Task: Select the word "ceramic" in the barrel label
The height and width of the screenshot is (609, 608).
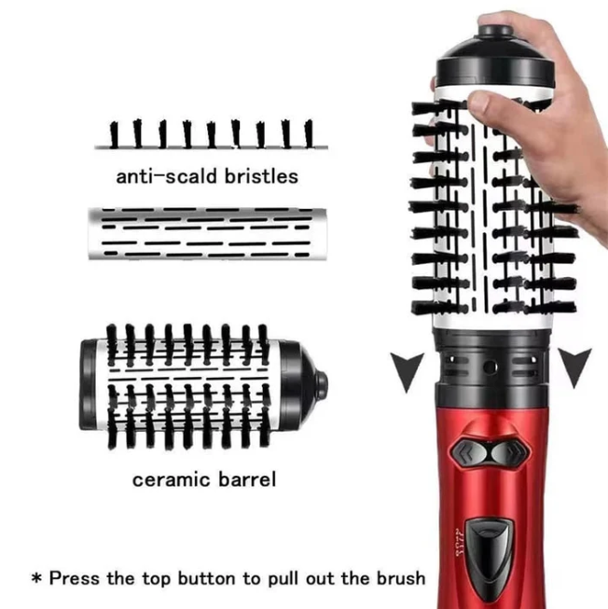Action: (168, 480)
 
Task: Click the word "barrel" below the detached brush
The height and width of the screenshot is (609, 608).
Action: (246, 480)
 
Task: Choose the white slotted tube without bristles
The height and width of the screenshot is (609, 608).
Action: (203, 233)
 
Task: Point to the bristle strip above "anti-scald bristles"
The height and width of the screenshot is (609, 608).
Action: (210, 135)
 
